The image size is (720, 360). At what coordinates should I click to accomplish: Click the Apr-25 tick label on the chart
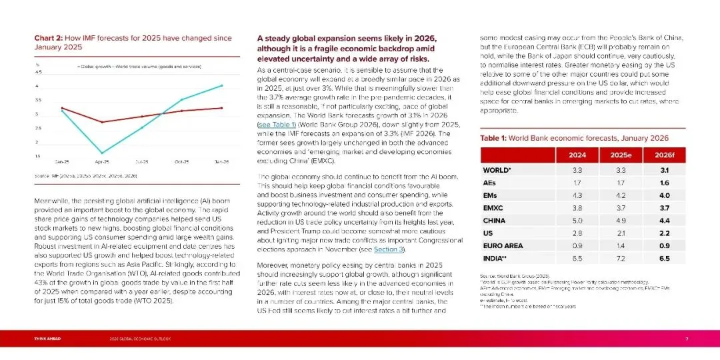pyautogui.click(x=102, y=162)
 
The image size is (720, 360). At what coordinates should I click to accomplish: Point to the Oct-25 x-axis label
pyautogui.click(x=182, y=162)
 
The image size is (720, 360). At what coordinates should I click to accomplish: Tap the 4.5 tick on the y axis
pyautogui.click(x=38, y=72)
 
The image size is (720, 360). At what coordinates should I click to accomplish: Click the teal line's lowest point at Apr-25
pyautogui.click(x=102, y=153)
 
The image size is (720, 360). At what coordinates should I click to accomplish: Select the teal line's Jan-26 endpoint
pyautogui.click(x=222, y=85)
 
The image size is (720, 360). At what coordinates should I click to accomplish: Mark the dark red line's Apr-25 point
pyautogui.click(x=102, y=122)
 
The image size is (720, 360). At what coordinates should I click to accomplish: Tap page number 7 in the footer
pyautogui.click(x=687, y=339)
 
